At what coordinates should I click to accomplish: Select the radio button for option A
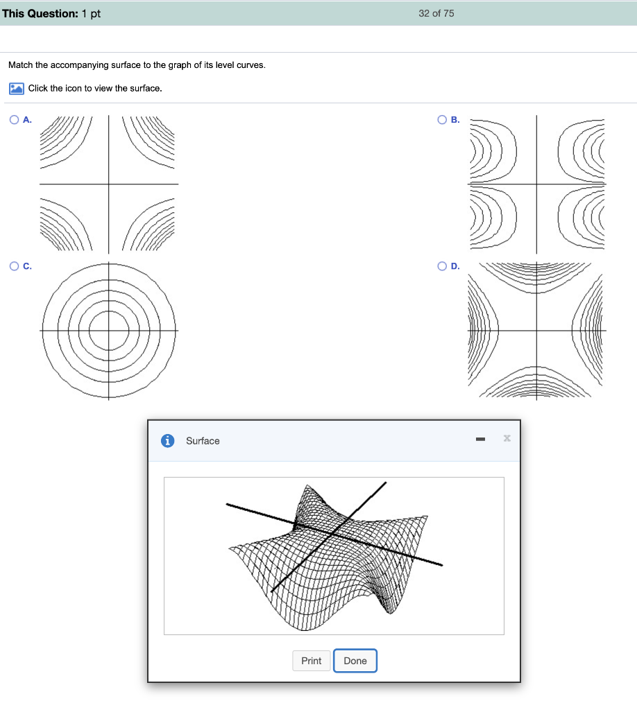14,119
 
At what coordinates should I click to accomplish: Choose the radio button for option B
442,119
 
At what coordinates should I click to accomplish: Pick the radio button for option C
14,266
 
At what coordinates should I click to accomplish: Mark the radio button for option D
442,266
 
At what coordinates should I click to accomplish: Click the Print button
312,661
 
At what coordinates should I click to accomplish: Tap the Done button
355,661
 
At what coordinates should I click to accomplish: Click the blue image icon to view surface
17,88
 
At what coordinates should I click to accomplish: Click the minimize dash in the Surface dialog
481,439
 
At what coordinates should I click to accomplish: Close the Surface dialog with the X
507,438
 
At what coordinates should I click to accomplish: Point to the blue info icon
168,440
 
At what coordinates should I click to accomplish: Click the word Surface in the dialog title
203,441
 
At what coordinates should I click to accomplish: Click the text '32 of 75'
436,14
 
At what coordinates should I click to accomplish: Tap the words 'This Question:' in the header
40,14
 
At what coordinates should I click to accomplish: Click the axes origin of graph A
109,184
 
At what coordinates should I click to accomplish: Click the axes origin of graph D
537,331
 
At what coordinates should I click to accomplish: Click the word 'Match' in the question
20,64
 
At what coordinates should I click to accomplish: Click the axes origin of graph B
537,184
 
